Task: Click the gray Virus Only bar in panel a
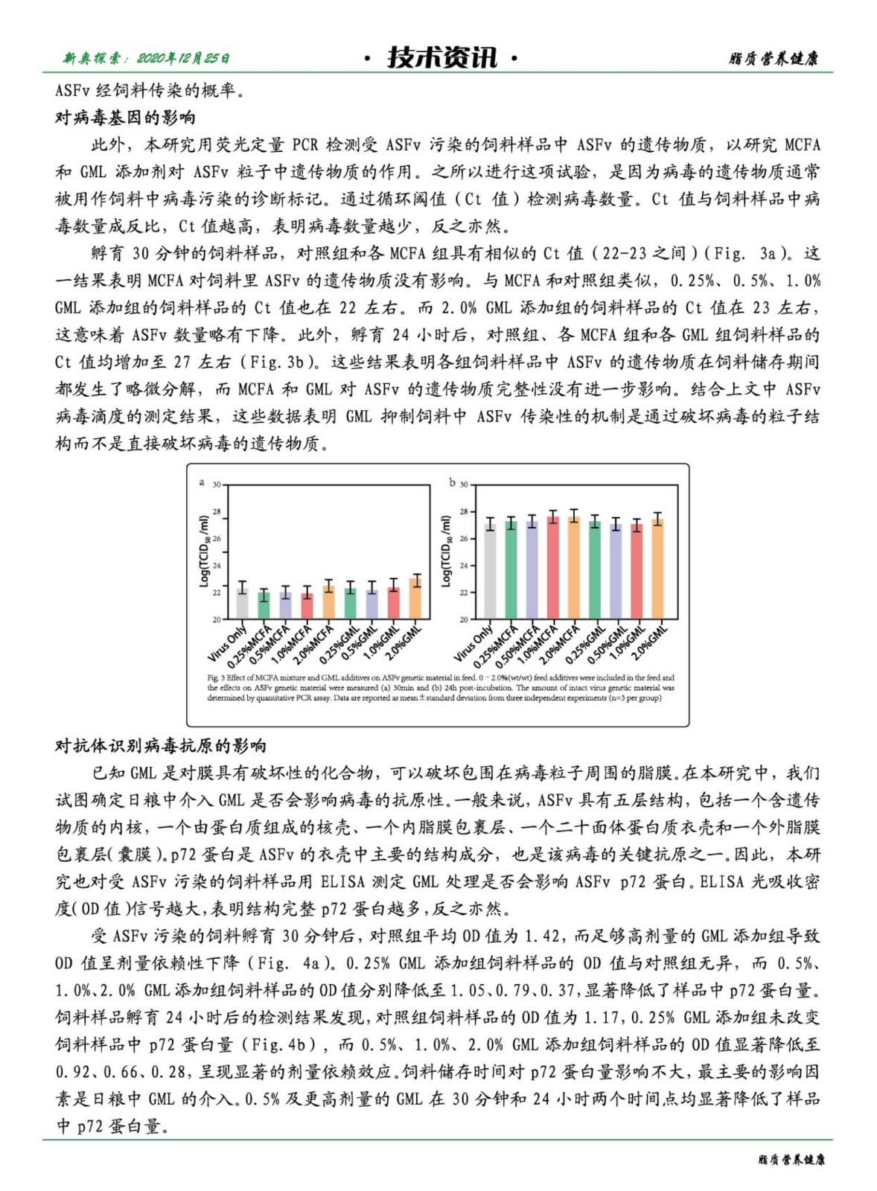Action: pyautogui.click(x=242, y=603)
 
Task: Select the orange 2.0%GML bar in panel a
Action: pyautogui.click(x=415, y=598)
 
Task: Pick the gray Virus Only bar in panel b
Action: pyautogui.click(x=490, y=571)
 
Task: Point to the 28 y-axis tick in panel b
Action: pyautogui.click(x=464, y=512)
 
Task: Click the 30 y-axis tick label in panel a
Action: pyautogui.click(x=217, y=485)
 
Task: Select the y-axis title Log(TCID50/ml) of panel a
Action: pyautogui.click(x=204, y=552)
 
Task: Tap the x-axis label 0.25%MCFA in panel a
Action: pyautogui.click(x=250, y=646)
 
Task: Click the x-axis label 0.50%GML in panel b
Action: pyautogui.click(x=608, y=645)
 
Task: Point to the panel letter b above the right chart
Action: pyautogui.click(x=452, y=482)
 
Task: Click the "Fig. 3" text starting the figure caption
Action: pyautogui.click(x=216, y=678)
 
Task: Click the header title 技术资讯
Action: pyautogui.click(x=441, y=57)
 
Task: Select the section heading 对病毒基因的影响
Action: pyautogui.click(x=125, y=118)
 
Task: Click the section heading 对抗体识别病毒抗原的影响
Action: pyautogui.click(x=161, y=746)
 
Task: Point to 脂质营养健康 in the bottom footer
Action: pyautogui.click(x=791, y=1160)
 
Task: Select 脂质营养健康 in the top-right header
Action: pyautogui.click(x=774, y=59)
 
